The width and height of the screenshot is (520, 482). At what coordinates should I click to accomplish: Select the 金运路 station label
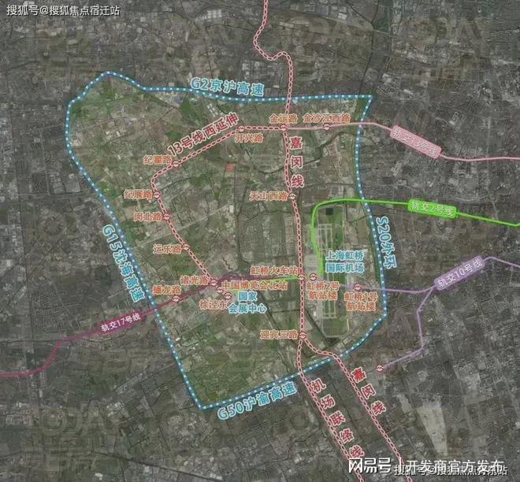281,118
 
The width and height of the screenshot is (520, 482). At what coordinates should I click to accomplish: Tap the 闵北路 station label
147,215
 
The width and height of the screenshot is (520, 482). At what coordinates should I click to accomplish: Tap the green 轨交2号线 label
432,209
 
